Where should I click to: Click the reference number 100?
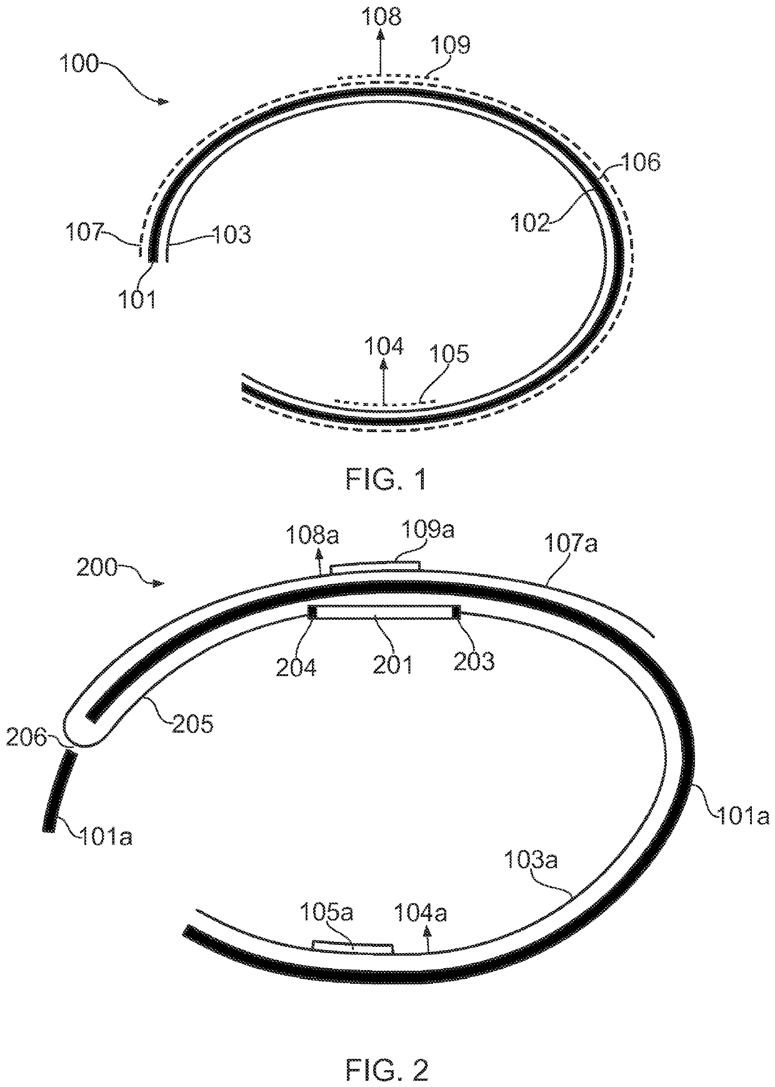coord(80,64)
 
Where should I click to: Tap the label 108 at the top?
coord(382,16)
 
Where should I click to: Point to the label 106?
coord(641,163)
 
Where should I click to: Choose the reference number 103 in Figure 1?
coord(232,235)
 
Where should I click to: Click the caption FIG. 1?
coord(387,480)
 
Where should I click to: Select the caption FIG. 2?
coord(387,1070)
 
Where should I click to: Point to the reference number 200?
coord(97,568)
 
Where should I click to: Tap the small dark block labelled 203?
coord(456,612)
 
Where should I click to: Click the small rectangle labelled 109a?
coord(374,567)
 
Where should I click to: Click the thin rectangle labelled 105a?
coord(352,948)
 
